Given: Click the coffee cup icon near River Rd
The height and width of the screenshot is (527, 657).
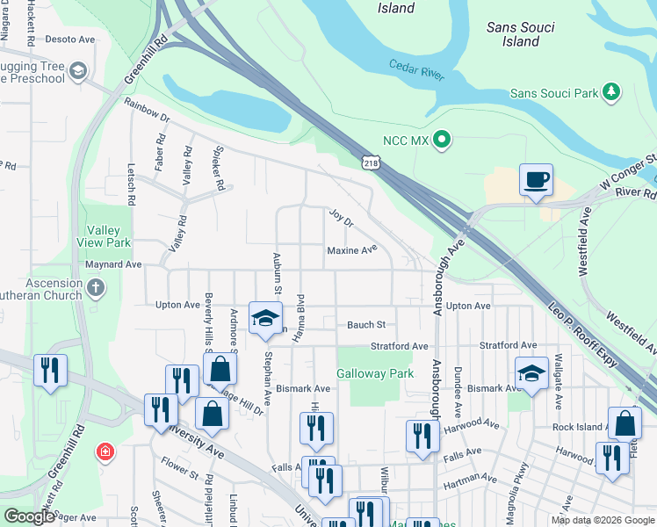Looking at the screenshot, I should (x=536, y=180).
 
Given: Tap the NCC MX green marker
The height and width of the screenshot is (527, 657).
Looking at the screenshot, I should (x=444, y=140).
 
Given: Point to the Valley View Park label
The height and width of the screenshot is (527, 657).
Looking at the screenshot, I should (x=109, y=236).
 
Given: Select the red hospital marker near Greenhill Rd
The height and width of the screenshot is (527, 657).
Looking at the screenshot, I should (x=106, y=451).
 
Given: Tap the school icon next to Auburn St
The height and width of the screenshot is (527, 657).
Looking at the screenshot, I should (x=264, y=318).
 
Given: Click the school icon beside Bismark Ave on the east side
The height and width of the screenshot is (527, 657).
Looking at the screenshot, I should (x=531, y=373).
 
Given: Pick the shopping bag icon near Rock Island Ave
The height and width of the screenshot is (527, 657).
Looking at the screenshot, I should (x=624, y=424).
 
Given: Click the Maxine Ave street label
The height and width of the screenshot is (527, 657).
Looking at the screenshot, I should (x=352, y=249).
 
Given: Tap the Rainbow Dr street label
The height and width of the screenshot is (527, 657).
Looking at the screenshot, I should (x=146, y=105).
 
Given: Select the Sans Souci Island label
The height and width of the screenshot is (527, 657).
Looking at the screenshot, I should (x=521, y=34).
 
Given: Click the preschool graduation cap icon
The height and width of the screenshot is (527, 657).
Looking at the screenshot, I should (x=78, y=70).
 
